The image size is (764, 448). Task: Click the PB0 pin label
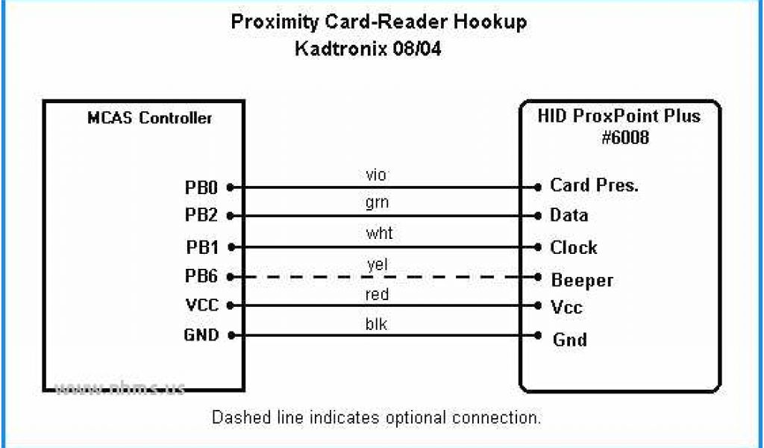coord(201,187)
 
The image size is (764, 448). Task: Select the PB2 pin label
coord(201,216)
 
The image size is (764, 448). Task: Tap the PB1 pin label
coord(201,246)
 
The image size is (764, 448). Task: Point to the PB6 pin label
coord(201,276)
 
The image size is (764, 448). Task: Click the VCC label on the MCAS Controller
coord(201,305)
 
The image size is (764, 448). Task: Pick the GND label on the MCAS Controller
coord(201,335)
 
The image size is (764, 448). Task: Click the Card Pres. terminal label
coord(594,186)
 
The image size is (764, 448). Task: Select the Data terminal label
coord(569,216)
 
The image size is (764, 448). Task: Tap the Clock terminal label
coord(574,247)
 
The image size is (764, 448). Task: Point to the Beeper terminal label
coord(582,281)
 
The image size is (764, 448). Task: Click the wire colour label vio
coord(377,175)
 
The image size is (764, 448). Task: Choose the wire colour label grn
coord(378,202)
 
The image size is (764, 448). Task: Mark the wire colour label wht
coord(379,234)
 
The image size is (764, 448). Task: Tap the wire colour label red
coord(378,295)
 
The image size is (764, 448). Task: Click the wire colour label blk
coord(378,323)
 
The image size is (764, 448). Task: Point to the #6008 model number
coord(619,137)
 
